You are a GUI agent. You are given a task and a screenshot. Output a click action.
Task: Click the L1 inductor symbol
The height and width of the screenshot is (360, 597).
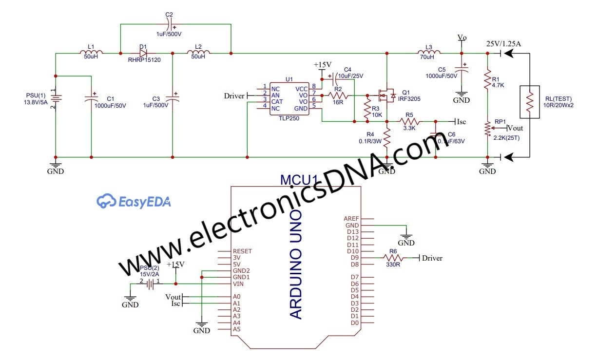(91, 53)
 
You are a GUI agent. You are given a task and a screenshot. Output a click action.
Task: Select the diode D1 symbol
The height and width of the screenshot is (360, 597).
(143, 53)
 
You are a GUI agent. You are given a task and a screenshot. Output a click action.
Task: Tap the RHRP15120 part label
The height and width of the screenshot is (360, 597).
(144, 60)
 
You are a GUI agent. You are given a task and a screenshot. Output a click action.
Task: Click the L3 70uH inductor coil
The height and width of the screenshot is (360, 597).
(429, 53)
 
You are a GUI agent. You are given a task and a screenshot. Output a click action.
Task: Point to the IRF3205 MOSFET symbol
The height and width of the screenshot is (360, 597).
(386, 95)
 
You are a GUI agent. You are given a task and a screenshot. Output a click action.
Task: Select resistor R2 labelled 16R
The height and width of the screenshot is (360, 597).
(338, 95)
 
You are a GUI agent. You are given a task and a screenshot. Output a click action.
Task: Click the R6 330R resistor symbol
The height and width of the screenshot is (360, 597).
(392, 258)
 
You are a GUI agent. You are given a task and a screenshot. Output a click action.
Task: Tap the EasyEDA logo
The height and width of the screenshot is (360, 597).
(134, 201)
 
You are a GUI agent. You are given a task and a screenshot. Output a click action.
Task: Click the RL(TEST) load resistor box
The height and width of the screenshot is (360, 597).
(530, 102)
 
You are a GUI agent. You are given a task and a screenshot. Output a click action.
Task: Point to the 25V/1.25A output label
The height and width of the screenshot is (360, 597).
(504, 44)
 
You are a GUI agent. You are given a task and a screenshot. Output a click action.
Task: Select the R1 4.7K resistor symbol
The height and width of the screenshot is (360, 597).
(487, 78)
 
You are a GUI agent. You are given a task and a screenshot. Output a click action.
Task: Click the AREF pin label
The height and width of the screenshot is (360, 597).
(351, 219)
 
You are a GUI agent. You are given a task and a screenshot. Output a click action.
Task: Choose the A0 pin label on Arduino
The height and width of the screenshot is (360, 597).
(237, 297)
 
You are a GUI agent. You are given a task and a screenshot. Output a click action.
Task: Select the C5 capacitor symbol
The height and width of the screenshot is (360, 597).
(462, 69)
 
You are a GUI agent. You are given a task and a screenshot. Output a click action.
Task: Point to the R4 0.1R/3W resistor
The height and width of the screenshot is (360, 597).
(386, 138)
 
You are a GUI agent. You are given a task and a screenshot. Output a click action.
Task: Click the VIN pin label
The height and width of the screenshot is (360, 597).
(239, 284)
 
